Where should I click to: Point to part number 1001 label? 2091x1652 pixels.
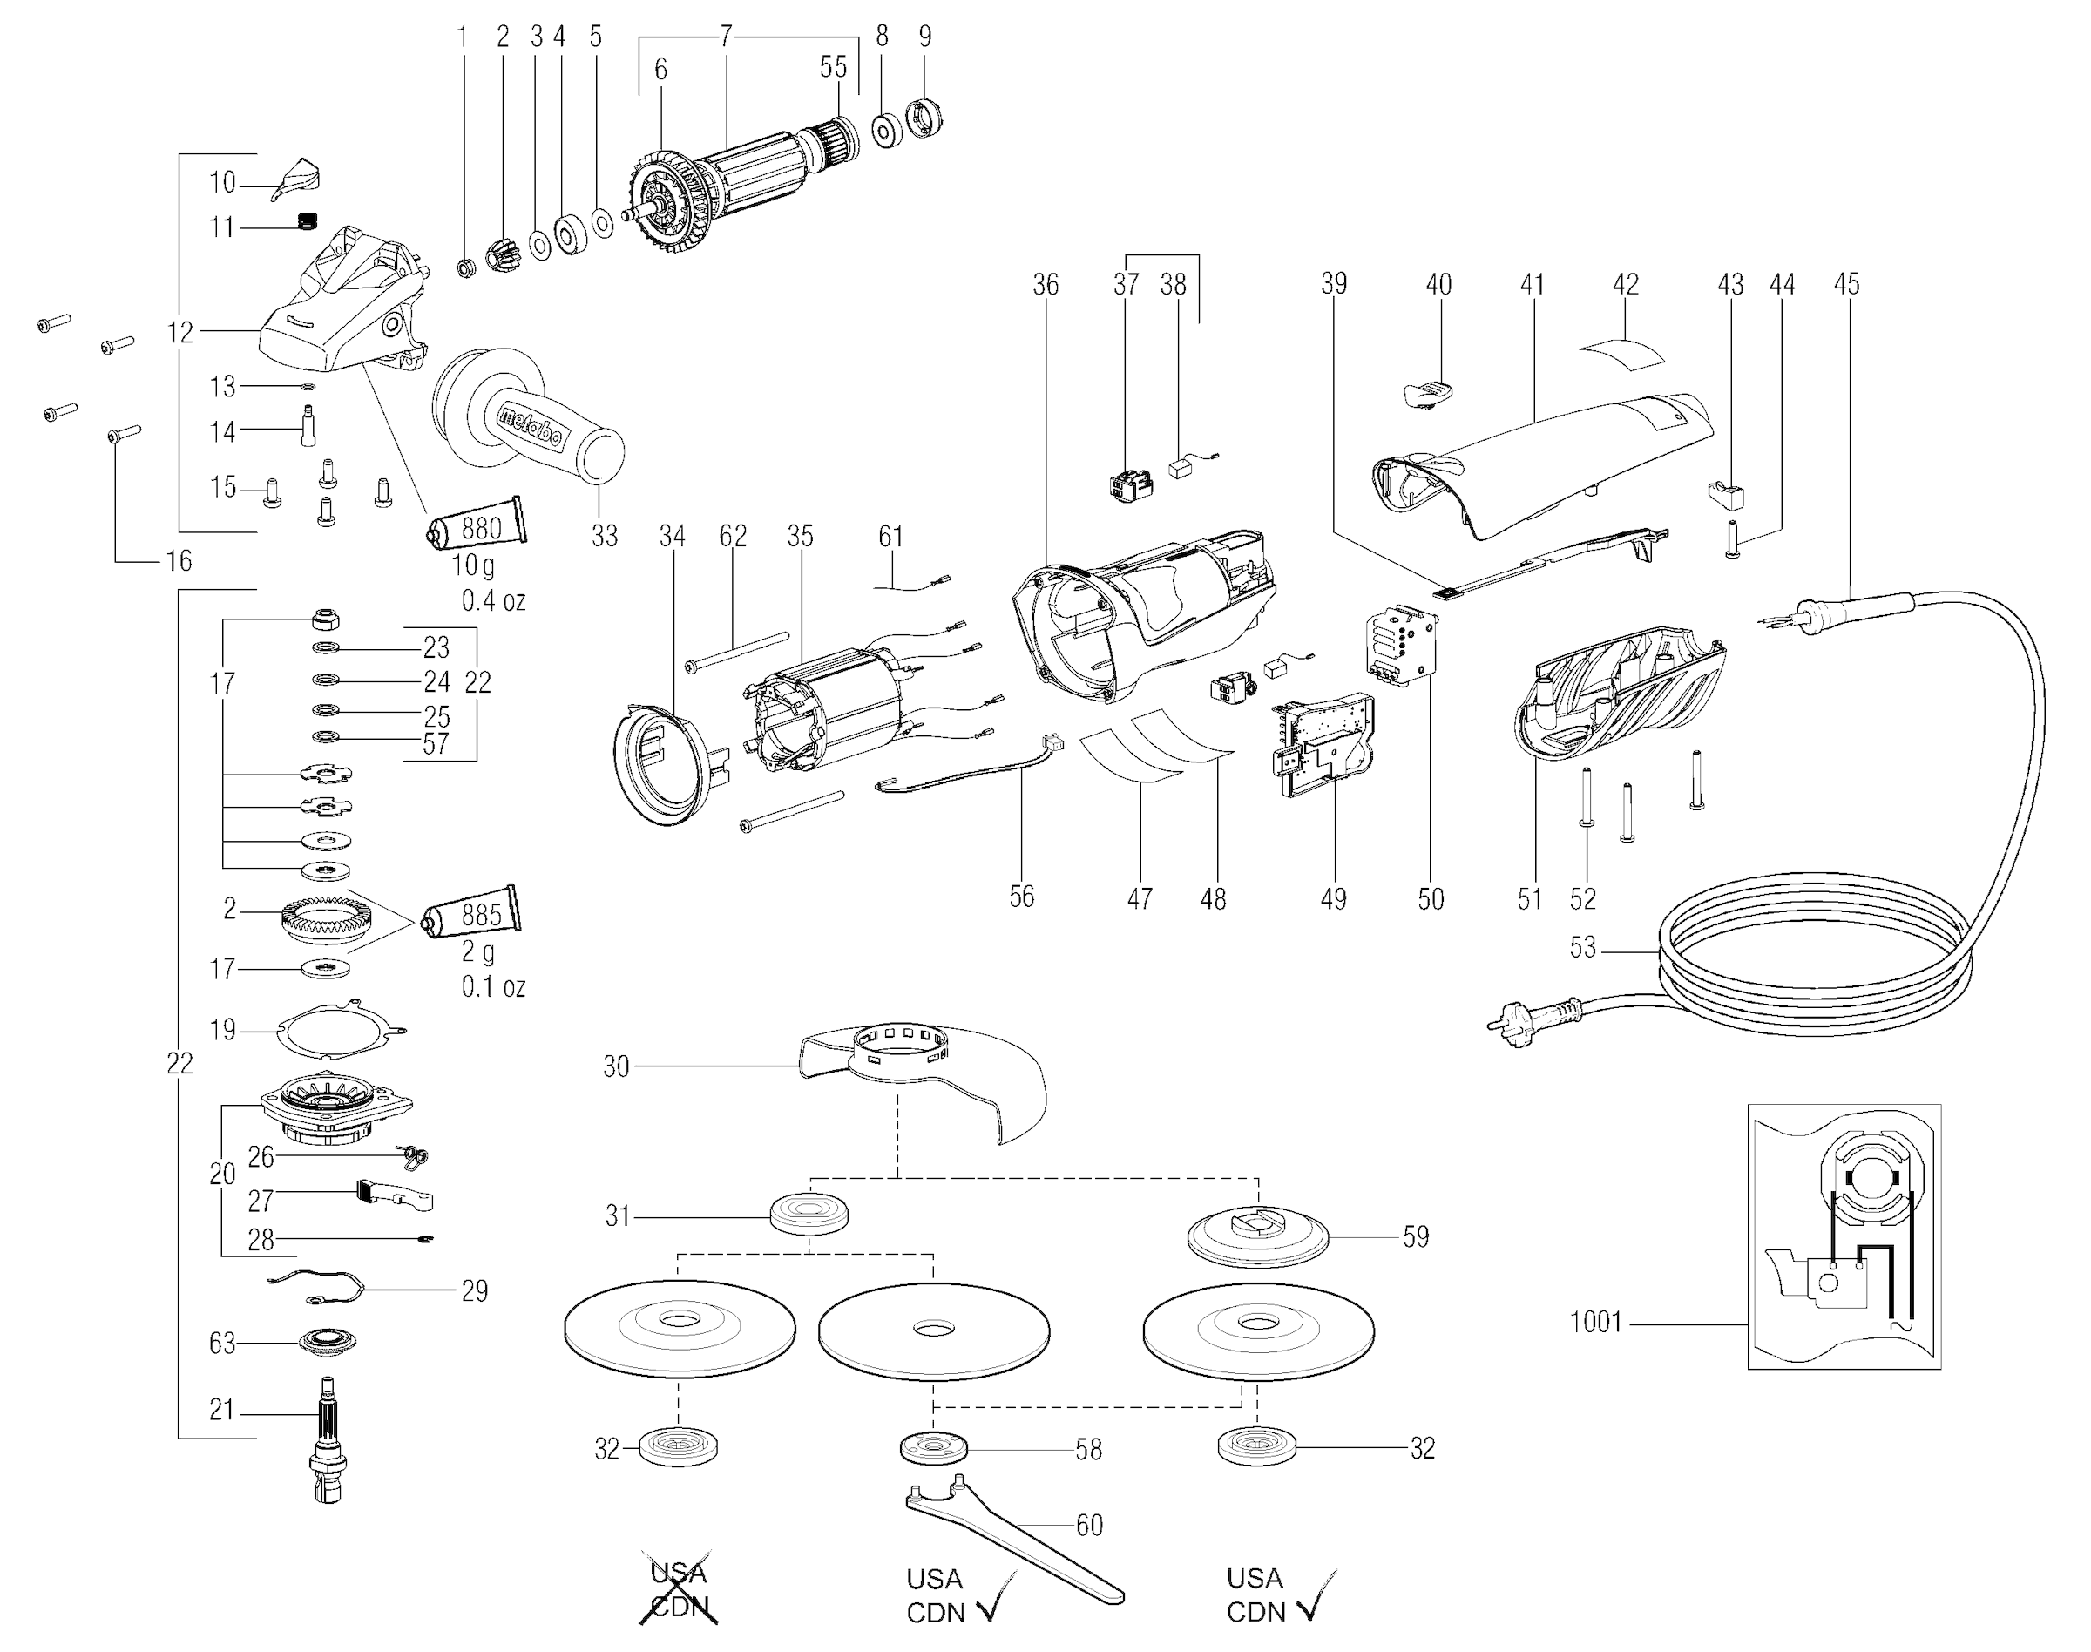pos(1595,1321)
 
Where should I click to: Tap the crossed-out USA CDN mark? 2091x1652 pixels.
pos(679,1591)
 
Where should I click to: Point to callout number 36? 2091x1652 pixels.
pos(1045,284)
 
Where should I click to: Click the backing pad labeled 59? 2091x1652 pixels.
pos(1257,1237)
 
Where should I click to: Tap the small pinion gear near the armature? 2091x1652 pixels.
pos(504,255)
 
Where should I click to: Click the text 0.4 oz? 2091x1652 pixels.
pos(493,600)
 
